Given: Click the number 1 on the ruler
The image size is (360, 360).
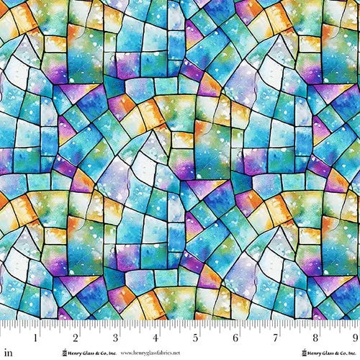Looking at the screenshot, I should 37,336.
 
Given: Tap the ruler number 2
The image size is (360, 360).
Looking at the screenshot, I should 77,336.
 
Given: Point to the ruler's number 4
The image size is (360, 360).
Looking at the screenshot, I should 156,336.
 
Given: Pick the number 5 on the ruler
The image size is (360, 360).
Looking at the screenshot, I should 196,336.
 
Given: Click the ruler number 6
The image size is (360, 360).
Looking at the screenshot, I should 235,336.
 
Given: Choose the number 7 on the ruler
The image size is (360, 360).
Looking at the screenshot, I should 275,336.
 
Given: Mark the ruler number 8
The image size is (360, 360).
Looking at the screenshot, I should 315,336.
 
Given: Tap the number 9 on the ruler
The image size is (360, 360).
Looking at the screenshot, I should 354,336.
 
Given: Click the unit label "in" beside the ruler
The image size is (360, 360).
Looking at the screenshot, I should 7,335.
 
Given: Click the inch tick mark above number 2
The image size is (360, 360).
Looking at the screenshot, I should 77,325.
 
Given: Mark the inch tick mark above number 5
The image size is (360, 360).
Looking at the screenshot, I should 196,325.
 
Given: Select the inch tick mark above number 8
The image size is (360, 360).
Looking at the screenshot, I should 315,325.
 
